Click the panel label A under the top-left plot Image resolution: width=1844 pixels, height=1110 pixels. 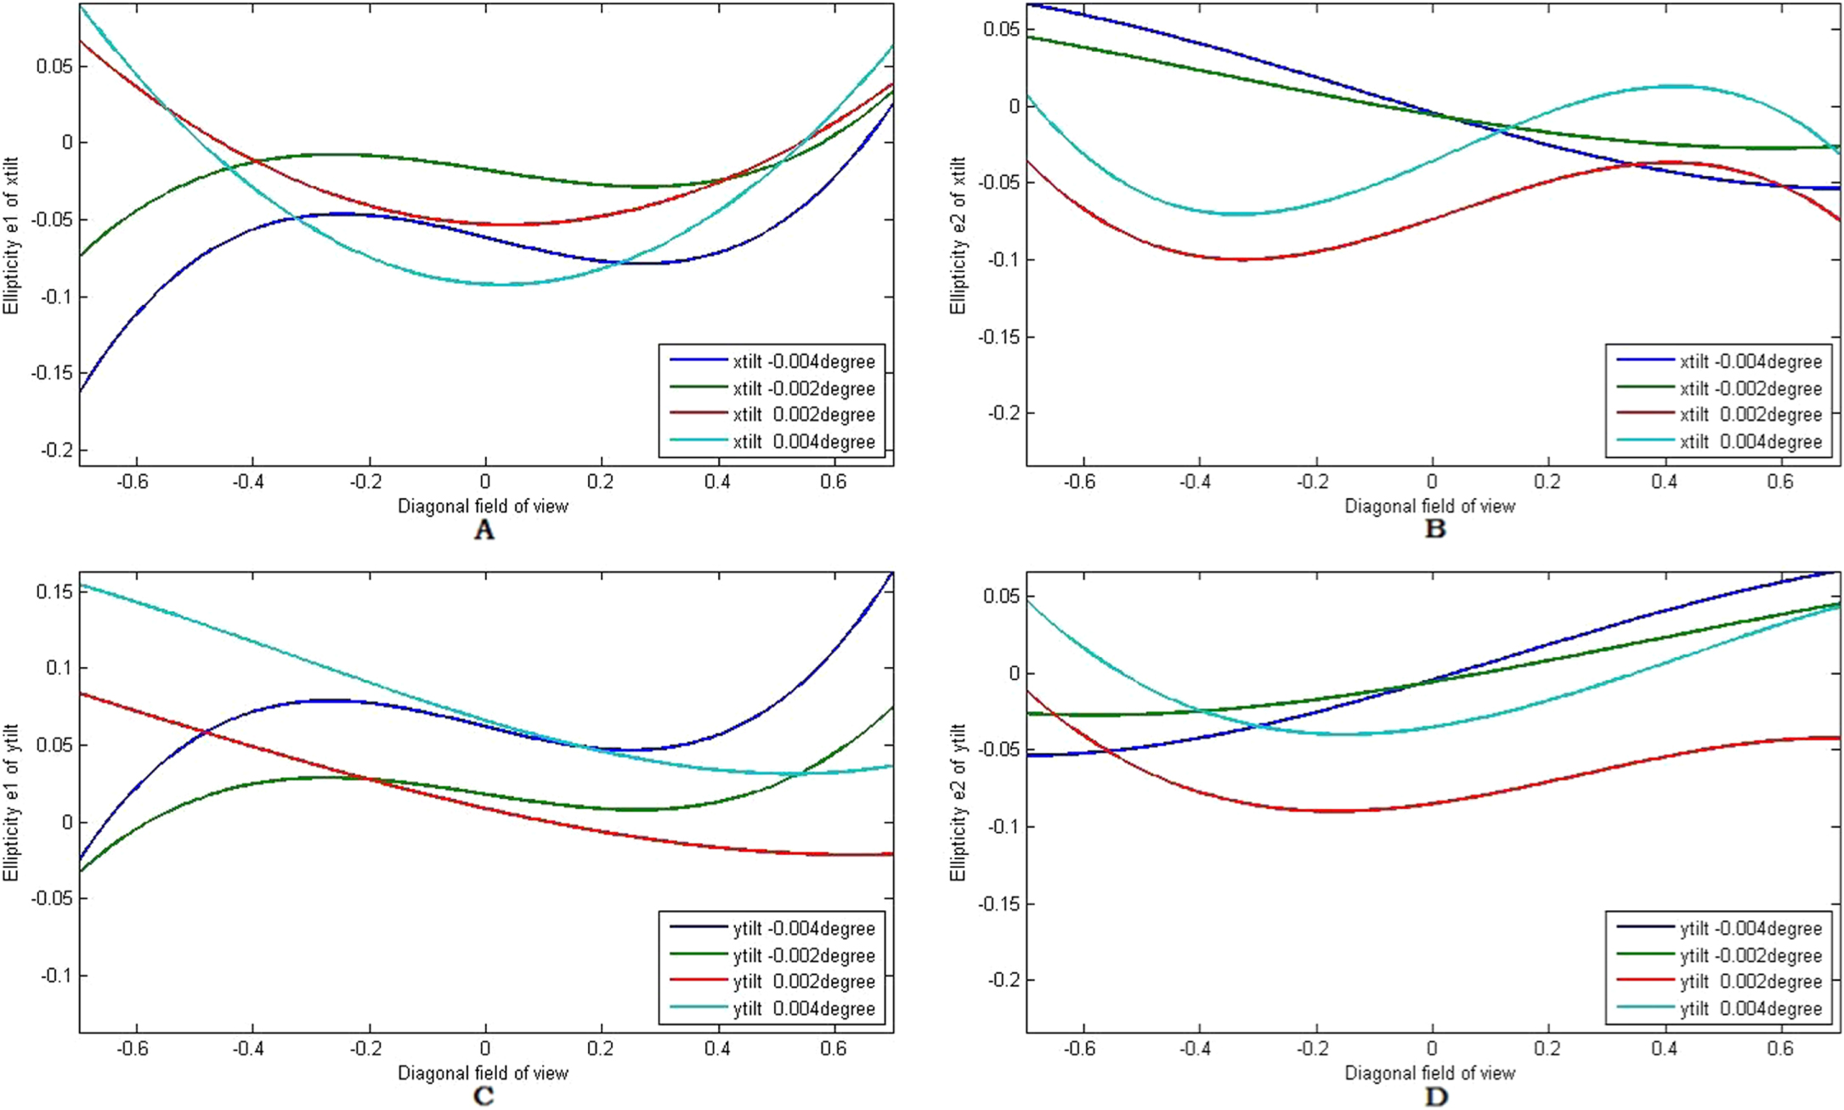tap(484, 530)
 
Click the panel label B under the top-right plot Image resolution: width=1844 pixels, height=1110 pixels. tap(1434, 530)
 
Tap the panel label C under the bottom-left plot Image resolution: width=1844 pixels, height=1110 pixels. tap(484, 1096)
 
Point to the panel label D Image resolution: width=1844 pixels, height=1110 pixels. tap(1435, 1097)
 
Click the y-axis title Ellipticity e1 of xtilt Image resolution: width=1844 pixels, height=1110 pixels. tap(11, 235)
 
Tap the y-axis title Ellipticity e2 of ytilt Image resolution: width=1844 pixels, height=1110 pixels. tap(959, 802)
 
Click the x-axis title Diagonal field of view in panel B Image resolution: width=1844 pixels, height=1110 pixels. tap(1429, 507)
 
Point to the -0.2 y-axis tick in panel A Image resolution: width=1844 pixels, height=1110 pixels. tap(54, 450)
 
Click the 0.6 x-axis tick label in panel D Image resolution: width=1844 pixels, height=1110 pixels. tap(1780, 1049)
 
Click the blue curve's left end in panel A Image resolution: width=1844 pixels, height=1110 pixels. tap(82, 390)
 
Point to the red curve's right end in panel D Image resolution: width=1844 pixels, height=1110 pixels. tap(1837, 738)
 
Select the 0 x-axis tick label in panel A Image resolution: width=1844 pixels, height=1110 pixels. tap(485, 482)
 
